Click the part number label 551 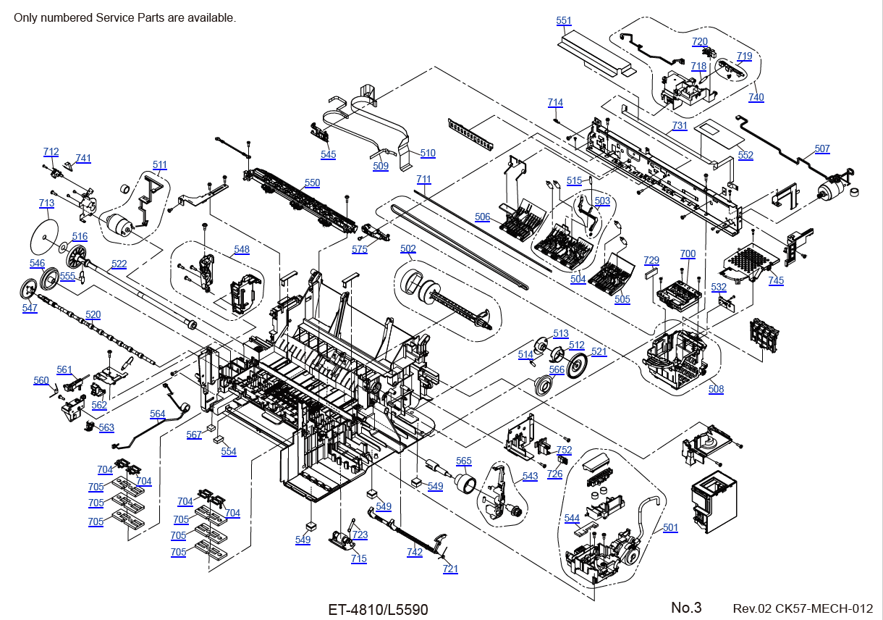[x=564, y=21]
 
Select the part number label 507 [x=822, y=149]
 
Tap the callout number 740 [x=756, y=98]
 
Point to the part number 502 [x=408, y=248]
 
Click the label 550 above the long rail [x=312, y=183]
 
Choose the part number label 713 [x=46, y=204]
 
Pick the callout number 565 [x=464, y=461]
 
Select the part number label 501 [x=671, y=528]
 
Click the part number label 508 [x=716, y=390]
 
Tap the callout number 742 [x=415, y=553]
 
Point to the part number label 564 [x=158, y=414]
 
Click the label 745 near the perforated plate [x=776, y=281]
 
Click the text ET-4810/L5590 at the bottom [x=378, y=610]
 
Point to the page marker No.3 [x=686, y=608]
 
